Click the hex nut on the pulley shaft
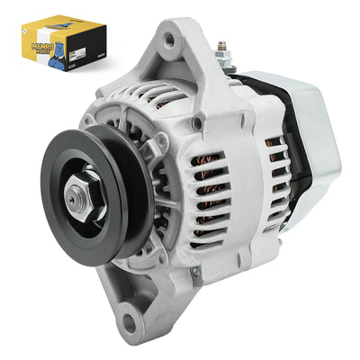click(76, 191)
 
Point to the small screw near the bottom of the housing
click(195, 270)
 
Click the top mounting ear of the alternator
click(171, 45)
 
